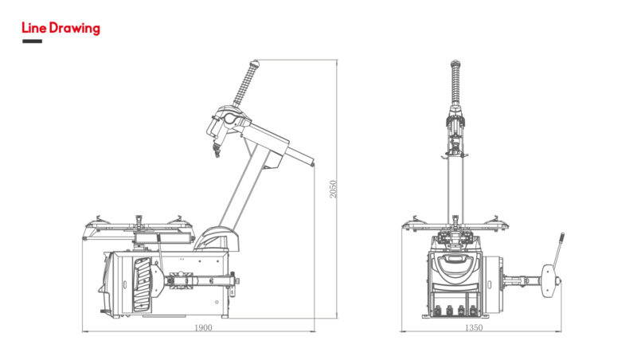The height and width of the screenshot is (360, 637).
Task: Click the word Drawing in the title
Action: pyautogui.click(x=74, y=29)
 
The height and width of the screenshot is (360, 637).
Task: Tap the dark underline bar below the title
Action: pyautogui.click(x=32, y=41)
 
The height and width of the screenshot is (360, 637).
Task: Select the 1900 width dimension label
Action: pyautogui.click(x=203, y=327)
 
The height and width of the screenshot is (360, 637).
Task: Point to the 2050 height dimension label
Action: pyautogui.click(x=333, y=190)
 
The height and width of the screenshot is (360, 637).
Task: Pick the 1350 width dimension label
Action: pyautogui.click(x=474, y=327)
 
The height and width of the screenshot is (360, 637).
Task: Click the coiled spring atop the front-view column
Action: pyautogui.click(x=455, y=84)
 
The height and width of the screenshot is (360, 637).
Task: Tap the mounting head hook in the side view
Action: pyautogui.click(x=217, y=151)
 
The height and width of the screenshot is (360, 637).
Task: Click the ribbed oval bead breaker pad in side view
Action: pyautogui.click(x=143, y=284)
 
